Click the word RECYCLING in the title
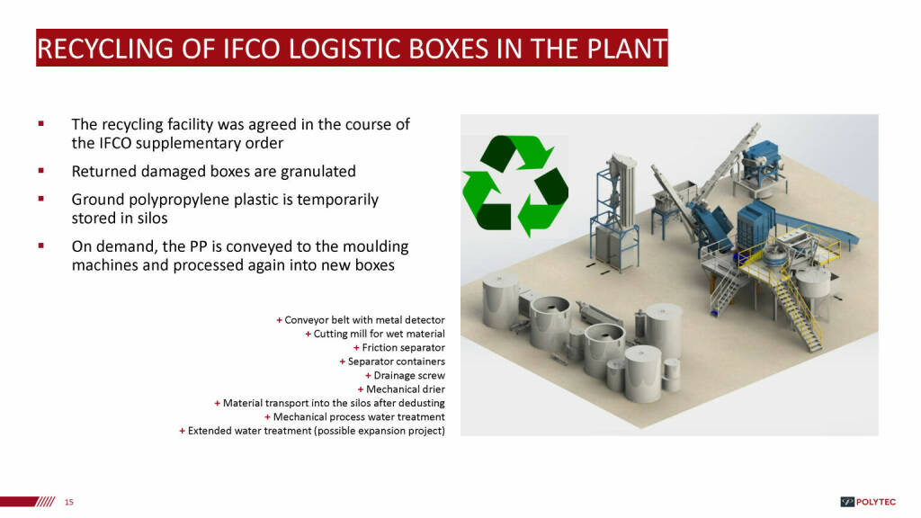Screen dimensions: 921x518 105,49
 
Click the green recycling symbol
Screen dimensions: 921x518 515,185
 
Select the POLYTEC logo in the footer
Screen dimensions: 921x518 868,502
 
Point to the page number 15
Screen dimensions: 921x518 69,502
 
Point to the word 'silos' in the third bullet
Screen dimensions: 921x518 152,219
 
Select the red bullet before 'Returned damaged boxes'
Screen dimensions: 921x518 41,171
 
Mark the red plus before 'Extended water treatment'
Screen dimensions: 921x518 182,431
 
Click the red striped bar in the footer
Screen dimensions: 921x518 28,502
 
